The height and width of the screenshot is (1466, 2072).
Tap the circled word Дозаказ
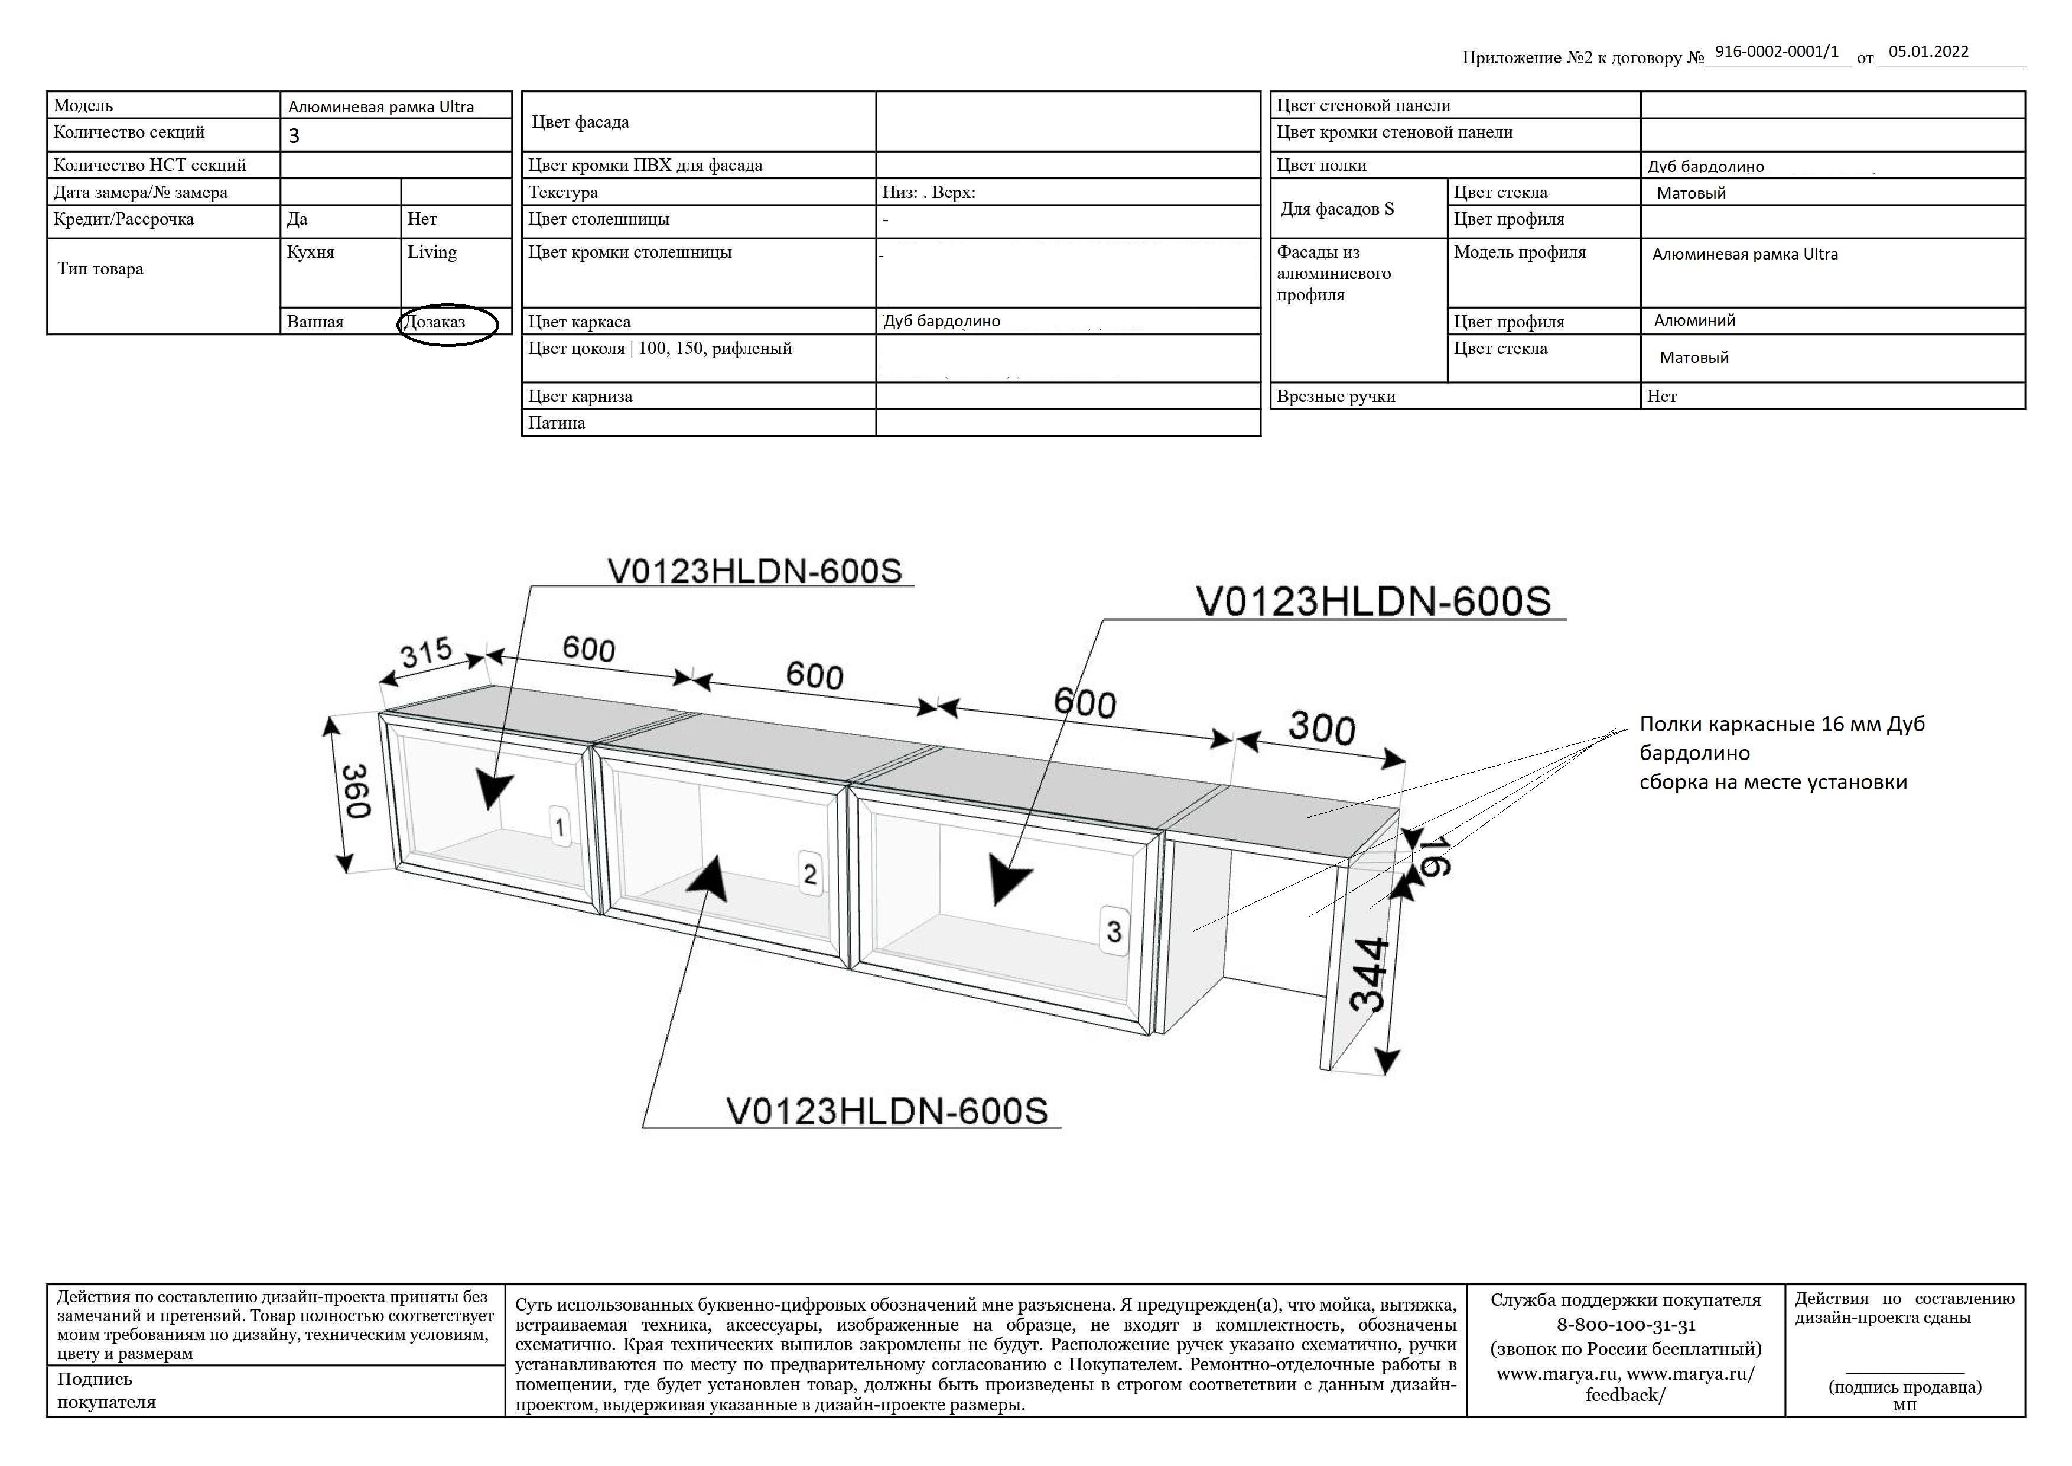[x=435, y=322]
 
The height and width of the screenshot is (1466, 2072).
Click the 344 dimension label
[x=1368, y=974]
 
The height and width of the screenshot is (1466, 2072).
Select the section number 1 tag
[x=561, y=827]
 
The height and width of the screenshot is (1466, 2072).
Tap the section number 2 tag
[x=809, y=874]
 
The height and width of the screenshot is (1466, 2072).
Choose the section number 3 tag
[x=1114, y=930]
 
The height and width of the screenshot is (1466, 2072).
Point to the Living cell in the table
[x=432, y=253]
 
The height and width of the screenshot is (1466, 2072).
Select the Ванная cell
[x=315, y=322]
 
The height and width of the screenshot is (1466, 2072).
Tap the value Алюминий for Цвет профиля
[x=1694, y=320]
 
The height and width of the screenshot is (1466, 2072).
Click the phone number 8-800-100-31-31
[x=1625, y=1325]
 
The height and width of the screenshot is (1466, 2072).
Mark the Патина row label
[x=557, y=423]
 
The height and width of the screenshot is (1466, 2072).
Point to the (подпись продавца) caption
[x=1904, y=1387]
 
